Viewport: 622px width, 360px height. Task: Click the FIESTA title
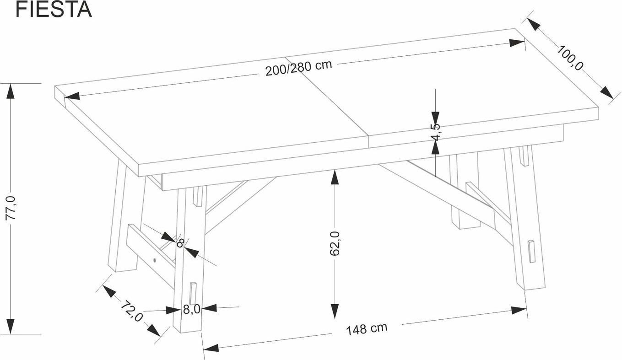[x=53, y=10]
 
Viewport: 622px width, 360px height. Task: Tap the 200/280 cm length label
[x=298, y=68]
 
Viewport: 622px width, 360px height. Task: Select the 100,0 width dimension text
[x=570, y=58]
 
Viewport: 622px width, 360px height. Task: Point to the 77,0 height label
[x=11, y=208]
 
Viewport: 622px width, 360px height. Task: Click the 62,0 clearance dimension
[x=335, y=243]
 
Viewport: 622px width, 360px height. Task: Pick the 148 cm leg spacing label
[x=367, y=329]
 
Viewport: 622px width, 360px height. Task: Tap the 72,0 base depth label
[x=132, y=311]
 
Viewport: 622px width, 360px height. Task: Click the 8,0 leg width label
[x=192, y=309]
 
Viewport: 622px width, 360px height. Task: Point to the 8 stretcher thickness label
[x=180, y=243]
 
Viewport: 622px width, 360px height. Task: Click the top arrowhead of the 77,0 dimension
[x=11, y=91]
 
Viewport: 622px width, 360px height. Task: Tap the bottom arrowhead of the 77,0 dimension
[x=11, y=327]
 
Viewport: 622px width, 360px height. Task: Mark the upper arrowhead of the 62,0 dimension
[x=335, y=177]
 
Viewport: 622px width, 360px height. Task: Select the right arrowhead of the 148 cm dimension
[x=519, y=310]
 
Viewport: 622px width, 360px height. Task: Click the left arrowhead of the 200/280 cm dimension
[x=72, y=96]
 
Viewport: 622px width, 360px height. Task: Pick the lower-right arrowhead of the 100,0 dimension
[x=607, y=93]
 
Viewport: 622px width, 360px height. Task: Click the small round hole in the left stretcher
[x=154, y=260]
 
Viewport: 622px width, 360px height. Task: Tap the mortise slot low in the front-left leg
[x=193, y=294]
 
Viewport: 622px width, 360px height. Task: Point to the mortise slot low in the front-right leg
[x=531, y=251]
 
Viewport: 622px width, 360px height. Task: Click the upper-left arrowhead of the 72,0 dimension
[x=109, y=291]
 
